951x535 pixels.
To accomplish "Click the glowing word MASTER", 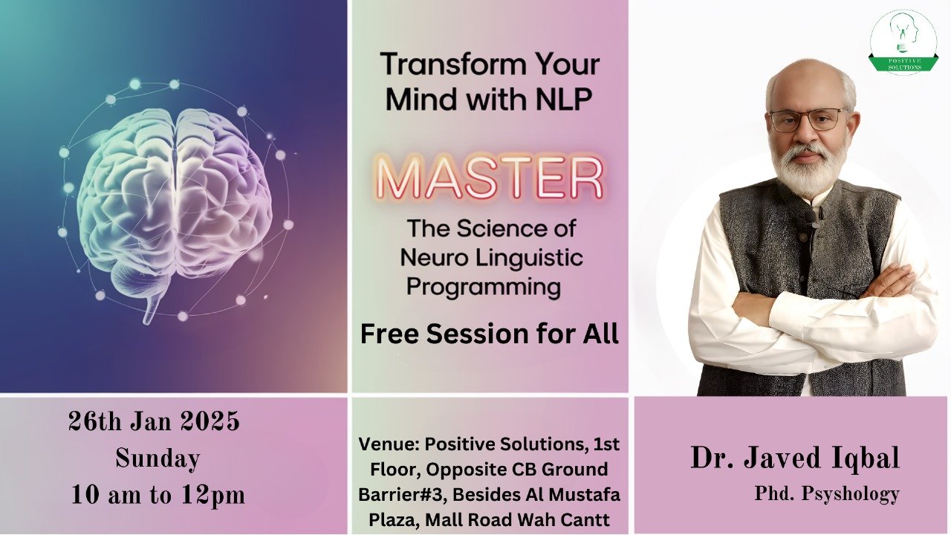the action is [490, 177].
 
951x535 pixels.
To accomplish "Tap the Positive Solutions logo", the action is [903, 42].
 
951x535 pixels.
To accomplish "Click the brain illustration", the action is [174, 200].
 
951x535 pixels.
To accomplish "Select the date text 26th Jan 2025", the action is [154, 421].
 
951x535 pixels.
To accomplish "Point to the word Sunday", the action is [158, 458].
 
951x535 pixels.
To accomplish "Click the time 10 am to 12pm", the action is [158, 495].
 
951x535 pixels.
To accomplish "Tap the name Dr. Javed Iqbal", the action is [795, 458].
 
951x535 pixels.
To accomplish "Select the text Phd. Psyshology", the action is [827, 494].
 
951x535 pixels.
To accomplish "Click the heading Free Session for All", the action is [490, 334].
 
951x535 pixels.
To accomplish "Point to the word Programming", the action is [484, 288].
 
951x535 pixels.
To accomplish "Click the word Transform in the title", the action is [447, 64].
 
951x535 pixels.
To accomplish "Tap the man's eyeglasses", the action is [809, 120].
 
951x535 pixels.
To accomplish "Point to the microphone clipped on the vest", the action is [812, 218].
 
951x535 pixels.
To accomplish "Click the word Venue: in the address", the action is [389, 444].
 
